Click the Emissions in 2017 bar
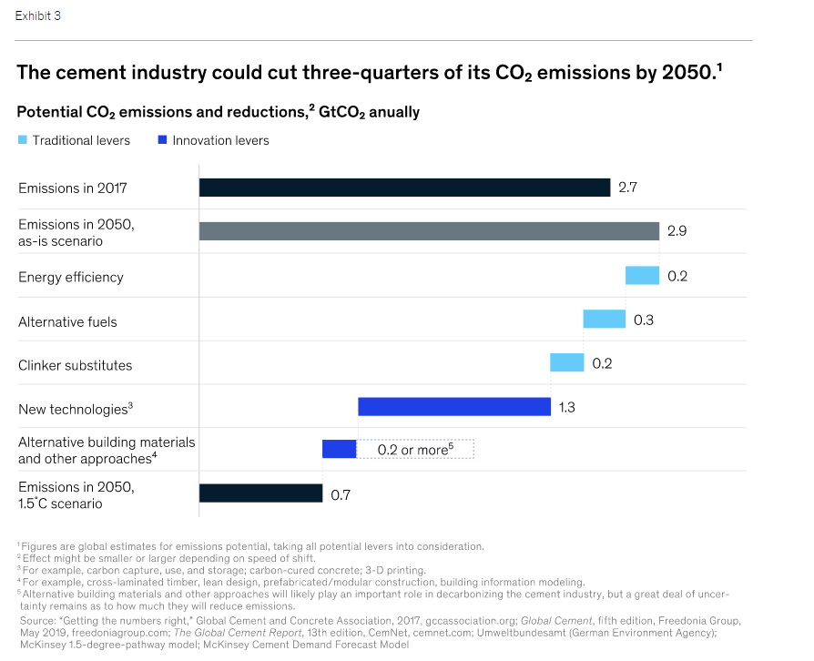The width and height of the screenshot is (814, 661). coord(404,188)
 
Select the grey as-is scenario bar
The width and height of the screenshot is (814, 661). coord(429,231)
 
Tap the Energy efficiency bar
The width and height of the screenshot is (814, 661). coord(641,276)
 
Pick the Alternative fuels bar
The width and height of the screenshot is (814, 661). coord(604,319)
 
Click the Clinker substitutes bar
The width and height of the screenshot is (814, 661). coord(566,362)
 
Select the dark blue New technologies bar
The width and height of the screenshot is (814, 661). coord(454,406)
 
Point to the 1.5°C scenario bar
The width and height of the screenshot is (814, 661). coord(260,493)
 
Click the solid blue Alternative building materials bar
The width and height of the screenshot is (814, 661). coord(339,449)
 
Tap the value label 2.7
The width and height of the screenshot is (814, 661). coord(627,188)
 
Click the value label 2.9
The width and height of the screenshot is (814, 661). coord(677,231)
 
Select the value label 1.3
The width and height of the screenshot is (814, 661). coord(566,407)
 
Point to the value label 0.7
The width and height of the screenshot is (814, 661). coord(341,495)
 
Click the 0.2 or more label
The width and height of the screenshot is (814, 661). coord(415,450)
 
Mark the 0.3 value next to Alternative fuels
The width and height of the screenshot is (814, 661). coord(644,320)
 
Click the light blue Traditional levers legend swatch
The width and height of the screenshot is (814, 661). coord(23,140)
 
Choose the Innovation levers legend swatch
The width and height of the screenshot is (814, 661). coord(163,140)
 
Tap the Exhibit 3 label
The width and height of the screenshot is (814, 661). coord(38,16)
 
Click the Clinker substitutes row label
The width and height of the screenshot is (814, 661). coord(76,365)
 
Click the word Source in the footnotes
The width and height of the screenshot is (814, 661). coord(38,619)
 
